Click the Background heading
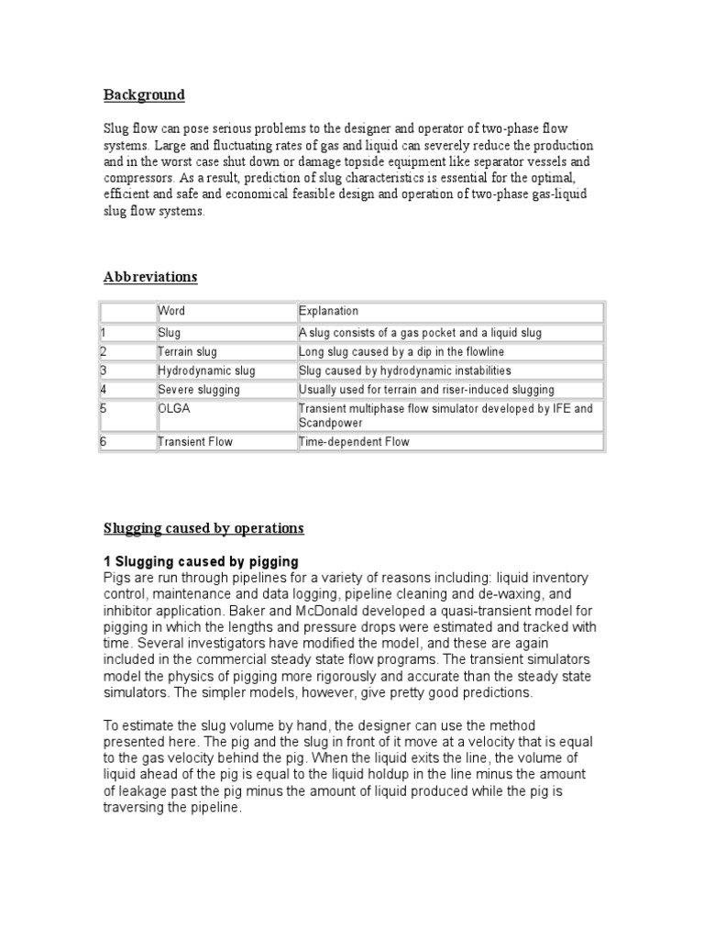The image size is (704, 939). tap(143, 94)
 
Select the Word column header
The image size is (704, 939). tap(171, 311)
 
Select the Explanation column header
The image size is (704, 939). tap(328, 311)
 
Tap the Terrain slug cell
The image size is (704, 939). tap(190, 351)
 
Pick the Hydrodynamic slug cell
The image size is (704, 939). tap(206, 370)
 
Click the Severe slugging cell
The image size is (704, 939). tap(198, 390)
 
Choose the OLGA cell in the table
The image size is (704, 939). tap(173, 408)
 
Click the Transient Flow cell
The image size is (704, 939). tap(195, 442)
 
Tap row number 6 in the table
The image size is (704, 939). tap(104, 442)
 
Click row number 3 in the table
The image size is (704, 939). tap(104, 370)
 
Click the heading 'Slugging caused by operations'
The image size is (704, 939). tap(203, 529)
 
